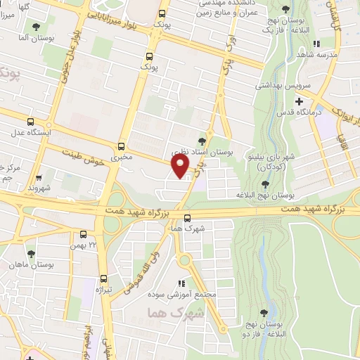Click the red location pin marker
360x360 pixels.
pos(181,167)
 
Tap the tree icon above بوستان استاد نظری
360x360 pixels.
pos(202,141)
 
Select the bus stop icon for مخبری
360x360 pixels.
pos(121,147)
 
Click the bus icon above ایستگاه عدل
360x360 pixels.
pos(29,121)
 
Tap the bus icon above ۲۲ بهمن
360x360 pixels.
pos(83,233)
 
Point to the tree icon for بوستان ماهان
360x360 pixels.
pos(30,254)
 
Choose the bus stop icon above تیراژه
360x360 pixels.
pos(104,278)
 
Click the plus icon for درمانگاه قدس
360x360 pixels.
pos(300,102)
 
